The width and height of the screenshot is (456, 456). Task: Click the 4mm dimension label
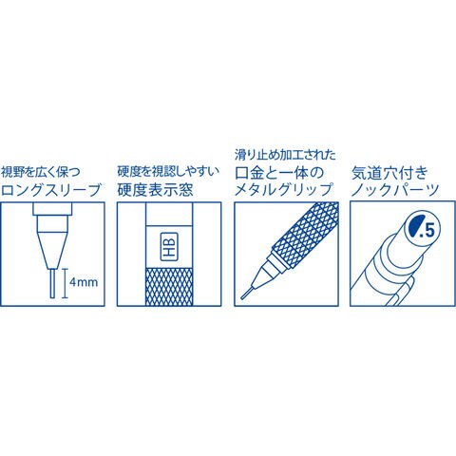84,282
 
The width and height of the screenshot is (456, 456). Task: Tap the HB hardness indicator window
169,247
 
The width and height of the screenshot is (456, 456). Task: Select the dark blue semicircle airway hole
415,226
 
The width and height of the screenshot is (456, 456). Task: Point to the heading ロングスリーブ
51,190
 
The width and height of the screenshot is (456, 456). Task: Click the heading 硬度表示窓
155,190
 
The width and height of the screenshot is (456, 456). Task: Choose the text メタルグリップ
283,189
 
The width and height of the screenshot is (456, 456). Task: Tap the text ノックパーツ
395,189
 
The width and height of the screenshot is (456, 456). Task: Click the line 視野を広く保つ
41,172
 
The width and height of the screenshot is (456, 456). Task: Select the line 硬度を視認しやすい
168,172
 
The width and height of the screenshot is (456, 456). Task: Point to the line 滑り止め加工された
285,155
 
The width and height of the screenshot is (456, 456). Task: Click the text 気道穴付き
389,173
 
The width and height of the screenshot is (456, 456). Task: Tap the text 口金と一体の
279,173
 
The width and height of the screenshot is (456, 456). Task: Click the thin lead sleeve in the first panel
52,283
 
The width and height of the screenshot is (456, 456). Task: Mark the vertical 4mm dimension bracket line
65,283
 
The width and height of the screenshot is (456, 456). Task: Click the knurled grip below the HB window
169,287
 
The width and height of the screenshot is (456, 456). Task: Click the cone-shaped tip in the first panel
52,251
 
